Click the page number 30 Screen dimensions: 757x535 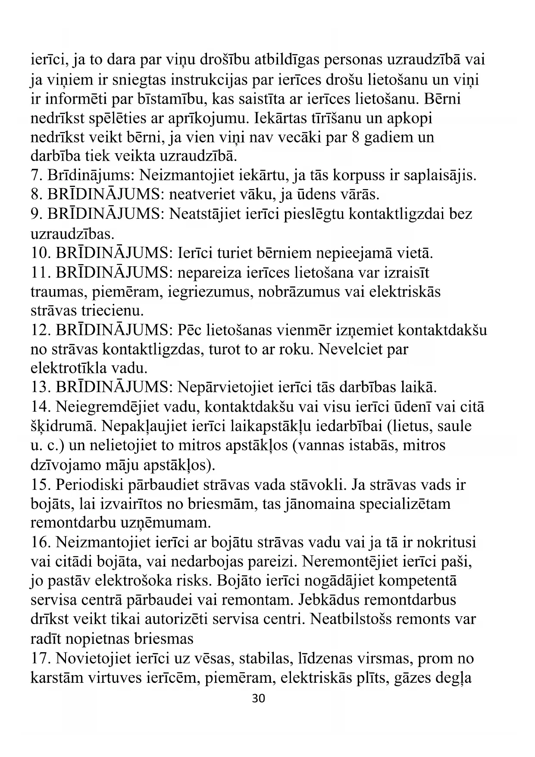click(x=258, y=698)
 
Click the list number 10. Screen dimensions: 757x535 click(x=40, y=253)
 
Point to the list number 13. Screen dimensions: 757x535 click(x=40, y=388)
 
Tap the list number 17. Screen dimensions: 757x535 click(x=40, y=659)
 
